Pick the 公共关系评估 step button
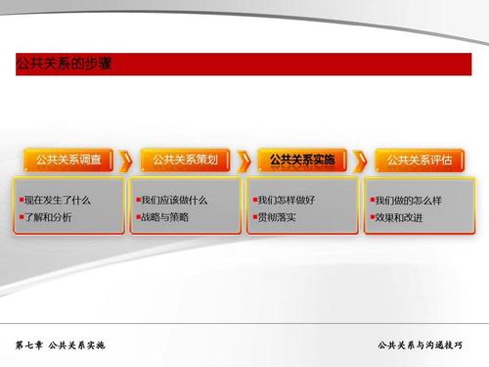click(420, 159)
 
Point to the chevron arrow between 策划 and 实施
click(246, 160)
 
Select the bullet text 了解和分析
click(51, 216)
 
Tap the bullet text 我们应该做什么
click(176, 199)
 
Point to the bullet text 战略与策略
click(167, 216)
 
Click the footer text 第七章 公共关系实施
click(60, 347)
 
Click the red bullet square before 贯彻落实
click(254, 216)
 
